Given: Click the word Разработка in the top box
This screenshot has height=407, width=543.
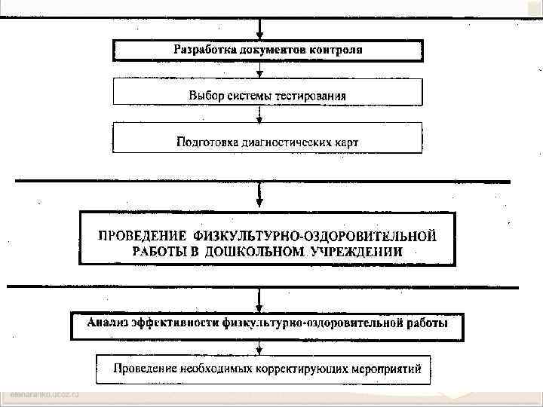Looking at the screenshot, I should pos(205,50).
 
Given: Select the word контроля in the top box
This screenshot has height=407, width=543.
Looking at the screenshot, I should pos(333,50).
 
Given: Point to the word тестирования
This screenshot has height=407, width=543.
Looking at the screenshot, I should pos(310,96).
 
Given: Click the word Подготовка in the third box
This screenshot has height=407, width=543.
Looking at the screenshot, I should pos(209,141).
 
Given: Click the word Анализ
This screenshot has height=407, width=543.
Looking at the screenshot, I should pos(108,324).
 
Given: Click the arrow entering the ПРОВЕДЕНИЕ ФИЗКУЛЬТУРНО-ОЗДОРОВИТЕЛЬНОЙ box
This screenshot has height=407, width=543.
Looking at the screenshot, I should pos(260,197).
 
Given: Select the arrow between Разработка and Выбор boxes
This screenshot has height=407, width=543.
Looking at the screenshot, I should pos(260,71).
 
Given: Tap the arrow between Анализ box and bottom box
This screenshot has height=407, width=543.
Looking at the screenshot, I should pos(260,347).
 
